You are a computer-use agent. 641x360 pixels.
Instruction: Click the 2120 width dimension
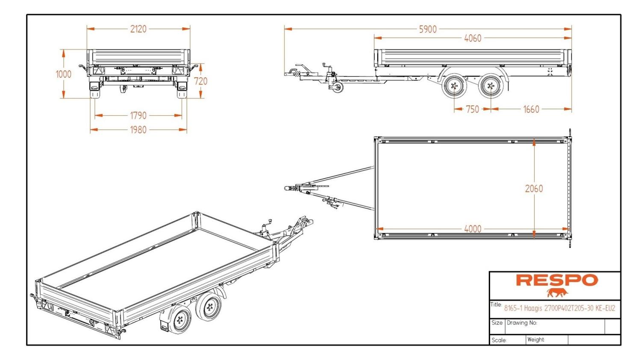point(138,29)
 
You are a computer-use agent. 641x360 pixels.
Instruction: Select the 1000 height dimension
point(63,74)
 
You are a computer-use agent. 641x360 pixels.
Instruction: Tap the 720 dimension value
point(200,81)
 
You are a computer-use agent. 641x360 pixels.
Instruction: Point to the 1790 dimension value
point(138,115)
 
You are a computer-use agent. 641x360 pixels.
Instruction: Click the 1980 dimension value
point(138,130)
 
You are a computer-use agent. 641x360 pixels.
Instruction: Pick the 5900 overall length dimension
point(427,29)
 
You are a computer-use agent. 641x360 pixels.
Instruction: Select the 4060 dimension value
point(472,38)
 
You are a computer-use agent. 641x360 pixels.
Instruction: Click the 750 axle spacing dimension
point(472,109)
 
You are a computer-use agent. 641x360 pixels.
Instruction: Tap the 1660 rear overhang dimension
point(531,109)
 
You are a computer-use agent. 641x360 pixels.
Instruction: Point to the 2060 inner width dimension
point(534,189)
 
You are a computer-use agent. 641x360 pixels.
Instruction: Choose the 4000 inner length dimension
point(472,229)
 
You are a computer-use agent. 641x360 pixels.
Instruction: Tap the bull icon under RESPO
point(556,293)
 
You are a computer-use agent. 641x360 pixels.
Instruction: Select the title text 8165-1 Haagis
point(559,308)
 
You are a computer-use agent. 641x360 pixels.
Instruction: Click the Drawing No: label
point(521,323)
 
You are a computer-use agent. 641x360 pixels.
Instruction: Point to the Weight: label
point(535,340)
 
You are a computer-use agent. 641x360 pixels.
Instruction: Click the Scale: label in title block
point(499,340)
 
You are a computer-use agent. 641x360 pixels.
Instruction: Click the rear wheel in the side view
point(491,86)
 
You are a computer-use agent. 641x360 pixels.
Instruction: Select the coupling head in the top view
point(291,188)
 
